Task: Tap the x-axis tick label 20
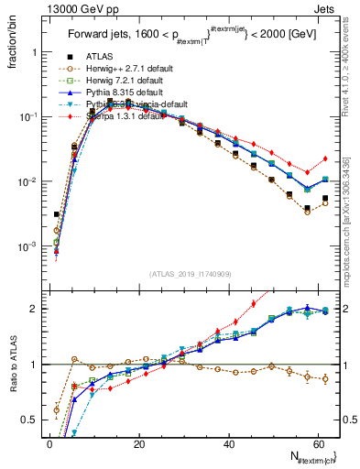[x=138, y=444]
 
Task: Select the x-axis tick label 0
[x=50, y=444]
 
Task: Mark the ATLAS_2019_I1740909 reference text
[x=191, y=273]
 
